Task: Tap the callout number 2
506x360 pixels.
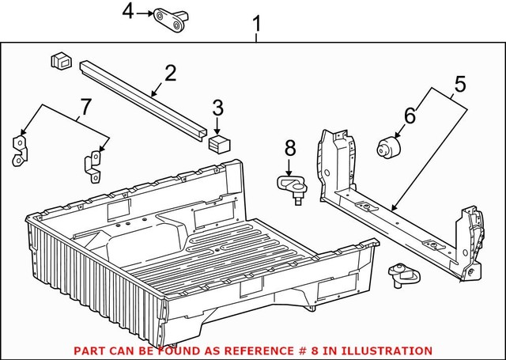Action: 169,74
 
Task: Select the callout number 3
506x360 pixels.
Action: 217,108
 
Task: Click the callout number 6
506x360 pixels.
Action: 410,115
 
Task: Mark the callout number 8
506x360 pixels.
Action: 289,147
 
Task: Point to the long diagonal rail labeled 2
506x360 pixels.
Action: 142,99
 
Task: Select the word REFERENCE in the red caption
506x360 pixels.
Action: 242,350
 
